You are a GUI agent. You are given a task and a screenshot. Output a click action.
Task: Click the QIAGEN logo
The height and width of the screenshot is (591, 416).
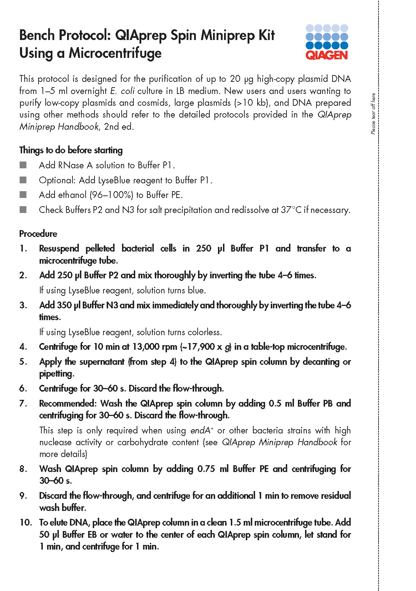click(326, 42)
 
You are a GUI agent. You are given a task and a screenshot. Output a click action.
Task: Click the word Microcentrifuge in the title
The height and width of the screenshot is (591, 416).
click(115, 53)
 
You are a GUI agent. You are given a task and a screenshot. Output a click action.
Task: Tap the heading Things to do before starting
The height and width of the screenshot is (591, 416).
click(71, 150)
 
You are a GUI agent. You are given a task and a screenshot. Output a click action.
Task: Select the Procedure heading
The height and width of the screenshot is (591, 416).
click(38, 234)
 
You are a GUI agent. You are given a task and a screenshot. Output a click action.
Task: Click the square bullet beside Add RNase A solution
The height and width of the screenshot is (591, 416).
click(23, 165)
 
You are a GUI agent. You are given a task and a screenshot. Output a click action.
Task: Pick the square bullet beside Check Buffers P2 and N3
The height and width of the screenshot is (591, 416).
click(23, 210)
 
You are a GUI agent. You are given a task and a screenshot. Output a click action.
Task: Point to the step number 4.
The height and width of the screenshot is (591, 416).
click(23, 347)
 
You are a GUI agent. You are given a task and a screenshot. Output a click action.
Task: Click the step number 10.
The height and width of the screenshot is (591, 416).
click(25, 522)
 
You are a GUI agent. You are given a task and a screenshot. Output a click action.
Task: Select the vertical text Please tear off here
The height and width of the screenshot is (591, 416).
click(373, 114)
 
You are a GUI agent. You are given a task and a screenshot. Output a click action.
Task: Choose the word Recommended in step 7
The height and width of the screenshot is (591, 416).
click(67, 403)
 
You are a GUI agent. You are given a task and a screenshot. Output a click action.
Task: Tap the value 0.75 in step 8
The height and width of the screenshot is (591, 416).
click(206, 469)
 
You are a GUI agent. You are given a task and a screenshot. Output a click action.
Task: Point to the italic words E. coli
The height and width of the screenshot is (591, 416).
click(122, 91)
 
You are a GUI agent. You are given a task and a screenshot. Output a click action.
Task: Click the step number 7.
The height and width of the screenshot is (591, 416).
click(23, 403)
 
